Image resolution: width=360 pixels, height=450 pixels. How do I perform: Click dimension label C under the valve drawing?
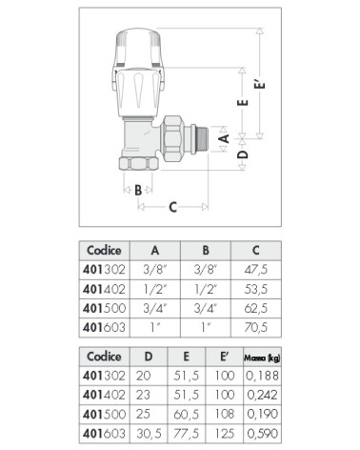point(172,206)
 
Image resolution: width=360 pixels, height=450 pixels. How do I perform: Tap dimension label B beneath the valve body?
point(138,191)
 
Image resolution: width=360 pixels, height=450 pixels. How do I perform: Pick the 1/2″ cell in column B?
point(205,289)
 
